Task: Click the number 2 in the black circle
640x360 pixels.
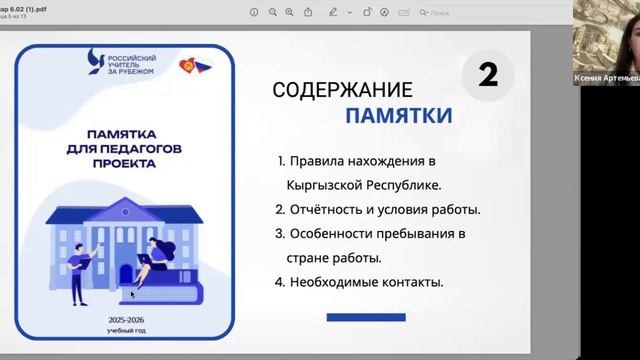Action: tap(487, 75)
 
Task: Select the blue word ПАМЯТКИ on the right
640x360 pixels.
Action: tap(398, 116)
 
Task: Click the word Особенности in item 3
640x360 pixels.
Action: tap(333, 234)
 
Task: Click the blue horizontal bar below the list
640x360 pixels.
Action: tap(367, 318)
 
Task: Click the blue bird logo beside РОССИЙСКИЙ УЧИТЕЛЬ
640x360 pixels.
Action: tap(95, 63)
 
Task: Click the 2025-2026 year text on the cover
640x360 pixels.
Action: tap(124, 318)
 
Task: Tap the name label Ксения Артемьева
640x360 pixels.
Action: tap(606, 78)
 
